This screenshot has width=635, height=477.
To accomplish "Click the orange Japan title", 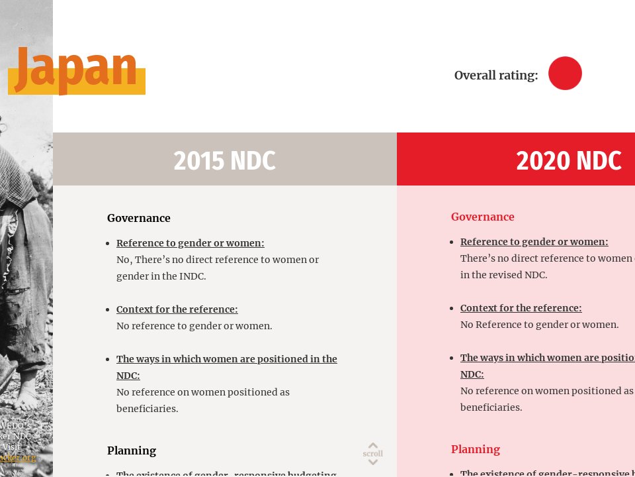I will [76, 69].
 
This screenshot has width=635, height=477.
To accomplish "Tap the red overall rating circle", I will [565, 74].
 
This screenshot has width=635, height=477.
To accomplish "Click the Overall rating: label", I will [495, 76].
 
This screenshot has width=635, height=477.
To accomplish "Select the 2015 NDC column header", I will [224, 160].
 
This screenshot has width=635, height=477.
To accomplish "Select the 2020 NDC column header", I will [568, 160].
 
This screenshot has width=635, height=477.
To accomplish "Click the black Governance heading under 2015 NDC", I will [139, 218].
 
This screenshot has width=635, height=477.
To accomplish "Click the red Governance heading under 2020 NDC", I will [482, 217].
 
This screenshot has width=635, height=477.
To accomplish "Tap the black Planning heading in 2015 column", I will [132, 450].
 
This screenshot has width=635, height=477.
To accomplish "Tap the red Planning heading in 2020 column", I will [475, 449].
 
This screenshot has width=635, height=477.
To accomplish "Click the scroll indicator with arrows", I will [373, 454].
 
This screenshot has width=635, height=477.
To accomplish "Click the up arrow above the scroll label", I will [373, 446].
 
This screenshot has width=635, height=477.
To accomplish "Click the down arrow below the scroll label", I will [373, 462].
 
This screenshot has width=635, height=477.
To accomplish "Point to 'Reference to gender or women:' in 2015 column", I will [190, 243].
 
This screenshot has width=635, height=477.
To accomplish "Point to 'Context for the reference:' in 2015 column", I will [177, 309].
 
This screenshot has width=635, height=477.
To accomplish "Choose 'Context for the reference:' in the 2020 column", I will [521, 308].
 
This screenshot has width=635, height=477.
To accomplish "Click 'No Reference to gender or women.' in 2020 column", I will [539, 325].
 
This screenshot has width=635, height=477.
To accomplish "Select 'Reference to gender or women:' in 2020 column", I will [534, 242].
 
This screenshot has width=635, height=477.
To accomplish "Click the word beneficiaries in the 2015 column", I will [147, 409].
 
